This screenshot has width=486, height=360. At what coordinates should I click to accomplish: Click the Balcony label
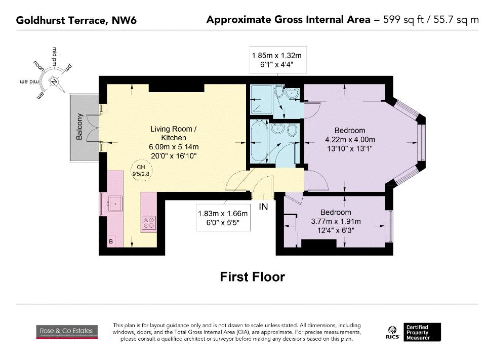point(79,127)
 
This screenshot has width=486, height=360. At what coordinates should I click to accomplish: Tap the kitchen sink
point(115,204)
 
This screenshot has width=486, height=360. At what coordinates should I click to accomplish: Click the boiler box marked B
point(111,242)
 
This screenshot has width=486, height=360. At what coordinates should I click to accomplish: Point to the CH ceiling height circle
point(141,171)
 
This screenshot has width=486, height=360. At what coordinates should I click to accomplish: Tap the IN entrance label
point(263,207)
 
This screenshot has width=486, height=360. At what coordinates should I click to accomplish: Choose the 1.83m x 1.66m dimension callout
point(223,218)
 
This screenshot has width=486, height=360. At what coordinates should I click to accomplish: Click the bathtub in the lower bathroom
point(259,141)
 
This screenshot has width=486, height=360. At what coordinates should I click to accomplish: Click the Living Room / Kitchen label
point(174,133)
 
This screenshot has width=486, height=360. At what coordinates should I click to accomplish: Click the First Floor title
point(252,277)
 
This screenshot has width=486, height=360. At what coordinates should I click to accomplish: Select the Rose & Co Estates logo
point(67,332)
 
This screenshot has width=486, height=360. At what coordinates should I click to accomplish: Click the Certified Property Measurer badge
point(422,332)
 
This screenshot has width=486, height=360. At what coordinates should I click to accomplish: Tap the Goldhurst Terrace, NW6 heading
point(76,20)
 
